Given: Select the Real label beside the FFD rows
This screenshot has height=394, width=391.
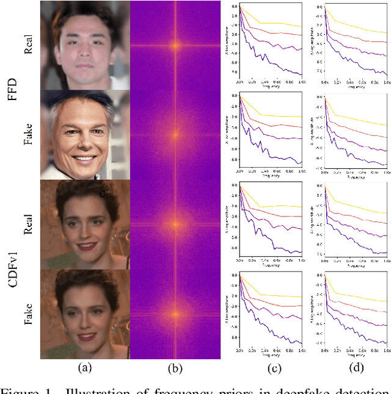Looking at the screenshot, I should pyautogui.click(x=29, y=46).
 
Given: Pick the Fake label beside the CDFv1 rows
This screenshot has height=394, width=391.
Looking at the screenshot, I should pyautogui.click(x=29, y=315).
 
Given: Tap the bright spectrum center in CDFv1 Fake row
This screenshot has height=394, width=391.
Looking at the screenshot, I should pyautogui.click(x=175, y=315).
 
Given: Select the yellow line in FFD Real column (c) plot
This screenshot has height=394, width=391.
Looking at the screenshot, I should pyautogui.click(x=281, y=24).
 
